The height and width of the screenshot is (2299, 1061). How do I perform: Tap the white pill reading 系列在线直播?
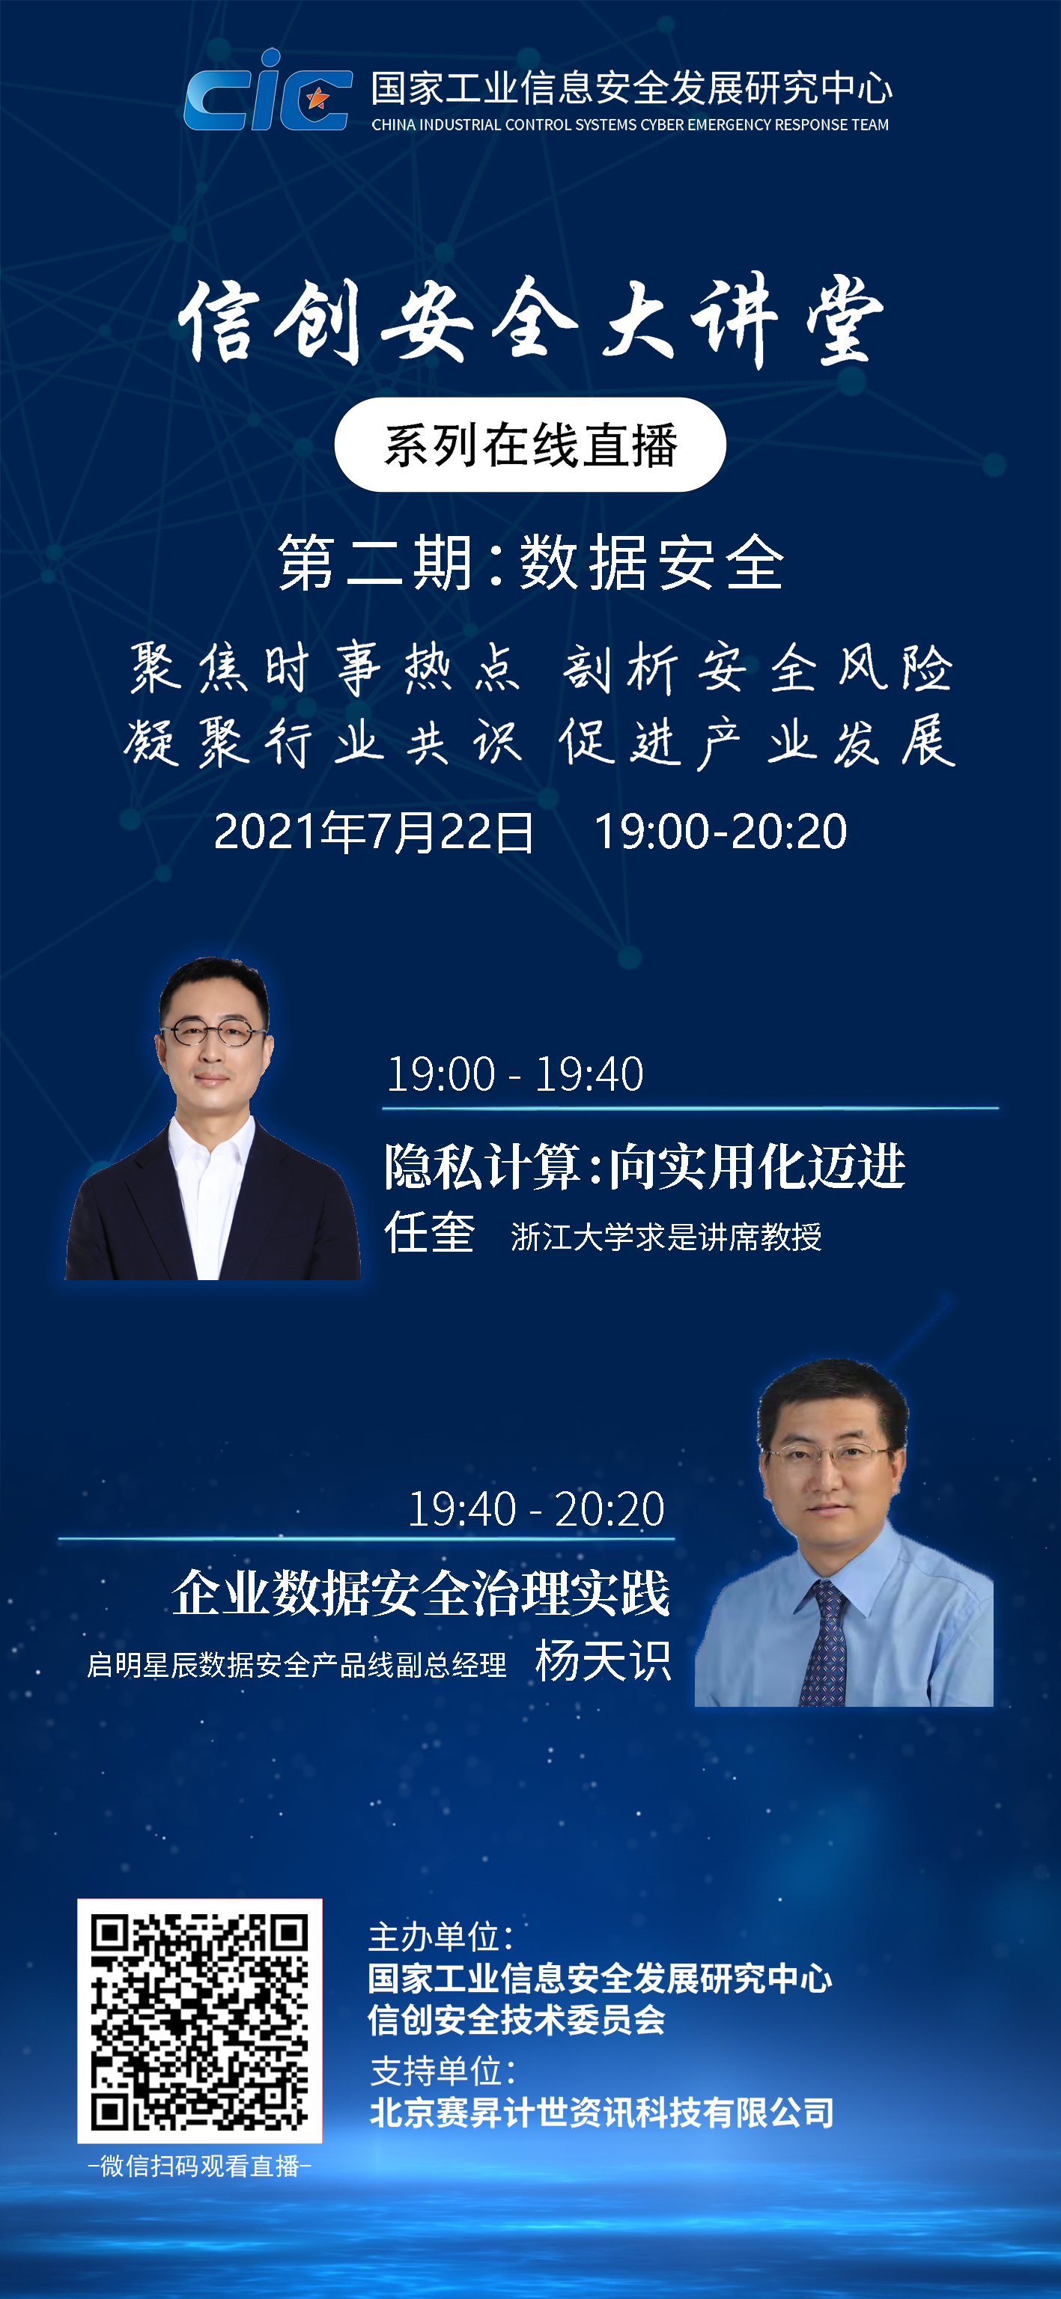(530, 445)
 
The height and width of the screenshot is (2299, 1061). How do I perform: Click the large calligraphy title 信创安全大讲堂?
(531, 320)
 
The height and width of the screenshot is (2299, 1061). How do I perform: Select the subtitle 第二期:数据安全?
(531, 562)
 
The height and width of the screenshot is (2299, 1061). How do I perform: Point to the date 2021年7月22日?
(374, 832)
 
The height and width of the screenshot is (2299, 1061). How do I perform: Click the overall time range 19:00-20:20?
(720, 832)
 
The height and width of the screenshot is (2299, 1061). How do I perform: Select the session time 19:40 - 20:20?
(535, 1509)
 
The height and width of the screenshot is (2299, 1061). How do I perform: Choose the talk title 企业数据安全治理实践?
(422, 1593)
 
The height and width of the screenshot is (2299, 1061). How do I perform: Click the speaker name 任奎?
(429, 1234)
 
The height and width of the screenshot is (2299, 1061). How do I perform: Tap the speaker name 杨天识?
(604, 1662)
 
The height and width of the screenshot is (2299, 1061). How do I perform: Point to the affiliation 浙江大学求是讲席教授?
(666, 1237)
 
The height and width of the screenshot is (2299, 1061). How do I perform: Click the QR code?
(200, 2021)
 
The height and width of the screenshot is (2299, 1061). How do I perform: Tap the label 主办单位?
(441, 1937)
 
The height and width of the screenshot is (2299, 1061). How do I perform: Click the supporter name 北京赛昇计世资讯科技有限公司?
(602, 2113)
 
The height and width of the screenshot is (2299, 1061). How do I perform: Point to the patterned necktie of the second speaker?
(824, 1643)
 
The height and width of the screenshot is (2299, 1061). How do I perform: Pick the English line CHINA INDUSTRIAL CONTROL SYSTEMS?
(630, 125)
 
